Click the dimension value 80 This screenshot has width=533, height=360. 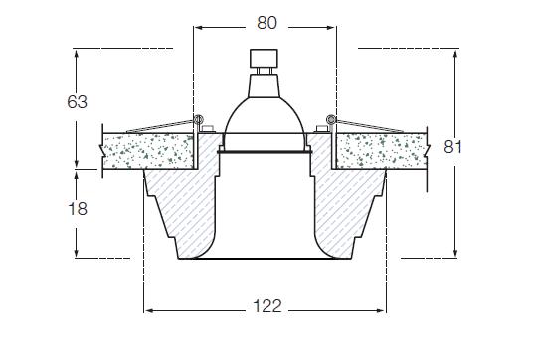coord(266,23)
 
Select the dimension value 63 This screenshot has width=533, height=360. coord(78,102)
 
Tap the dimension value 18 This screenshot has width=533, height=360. coord(78,209)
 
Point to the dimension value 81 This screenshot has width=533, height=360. coord(452,147)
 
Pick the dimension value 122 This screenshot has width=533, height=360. coord(267,306)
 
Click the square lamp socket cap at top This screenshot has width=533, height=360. coord(264,58)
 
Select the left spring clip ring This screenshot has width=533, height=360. coord(199,119)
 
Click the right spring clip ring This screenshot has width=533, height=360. coord(330,119)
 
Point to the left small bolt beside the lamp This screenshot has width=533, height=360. coord(207,128)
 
